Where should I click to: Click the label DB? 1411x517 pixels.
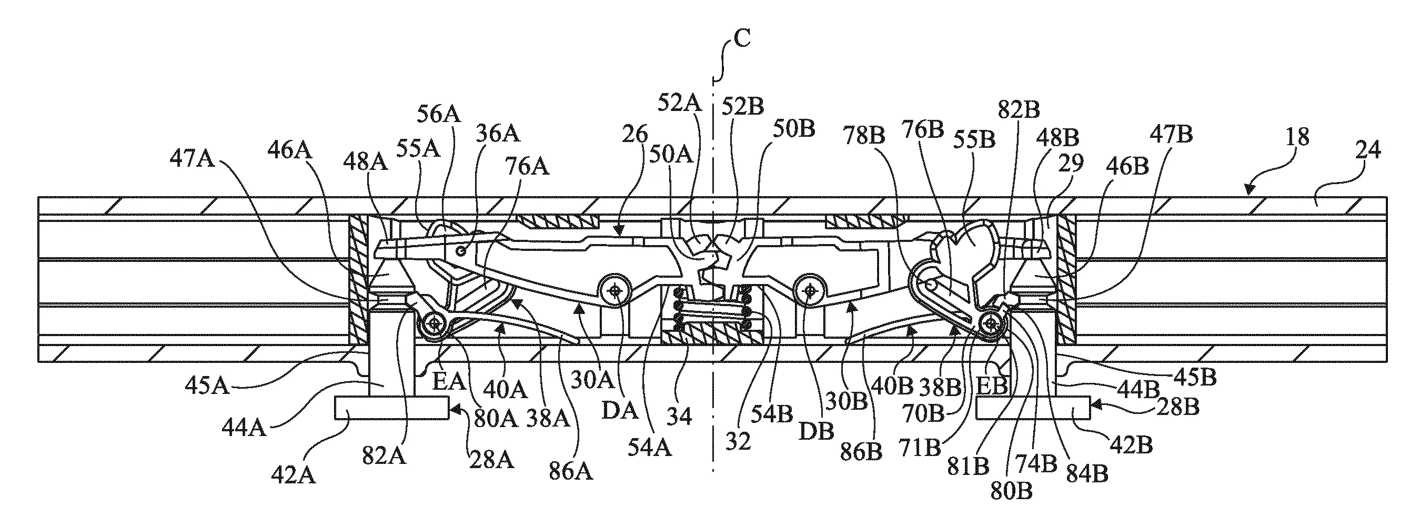(815, 431)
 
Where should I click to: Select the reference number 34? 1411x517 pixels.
(679, 417)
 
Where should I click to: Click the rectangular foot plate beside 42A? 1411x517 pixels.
(391, 409)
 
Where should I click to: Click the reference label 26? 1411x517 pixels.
(636, 134)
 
